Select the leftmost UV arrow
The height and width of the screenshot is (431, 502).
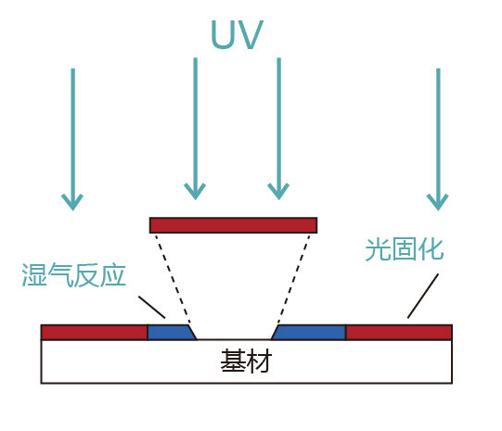click(72, 139)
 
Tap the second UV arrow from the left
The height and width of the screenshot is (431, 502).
click(195, 130)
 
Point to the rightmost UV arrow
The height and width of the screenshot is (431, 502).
click(437, 139)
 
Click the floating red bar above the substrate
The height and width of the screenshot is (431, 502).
click(233, 225)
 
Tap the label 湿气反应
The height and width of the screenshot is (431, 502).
click(73, 275)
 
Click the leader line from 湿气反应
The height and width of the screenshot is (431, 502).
click(152, 308)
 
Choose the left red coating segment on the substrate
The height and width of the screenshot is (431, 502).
click(94, 332)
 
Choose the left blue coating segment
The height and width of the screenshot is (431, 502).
click(169, 332)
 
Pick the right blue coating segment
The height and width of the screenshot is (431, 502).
click(309, 332)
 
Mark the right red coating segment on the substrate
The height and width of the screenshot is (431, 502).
click(398, 332)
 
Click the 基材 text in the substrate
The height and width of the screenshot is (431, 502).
click(246, 361)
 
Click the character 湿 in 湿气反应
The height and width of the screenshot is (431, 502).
click(34, 275)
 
